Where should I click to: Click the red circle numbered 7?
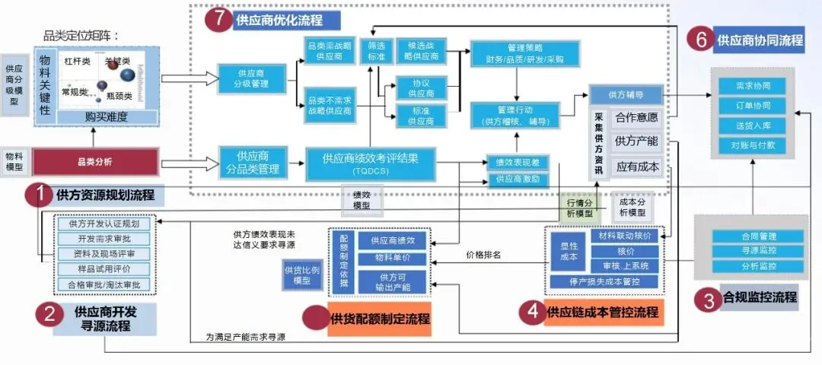click(218, 21)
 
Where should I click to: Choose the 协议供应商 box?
click(422, 87)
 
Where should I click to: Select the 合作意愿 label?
click(636, 118)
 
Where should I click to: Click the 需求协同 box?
click(754, 86)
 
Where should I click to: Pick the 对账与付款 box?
click(754, 144)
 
